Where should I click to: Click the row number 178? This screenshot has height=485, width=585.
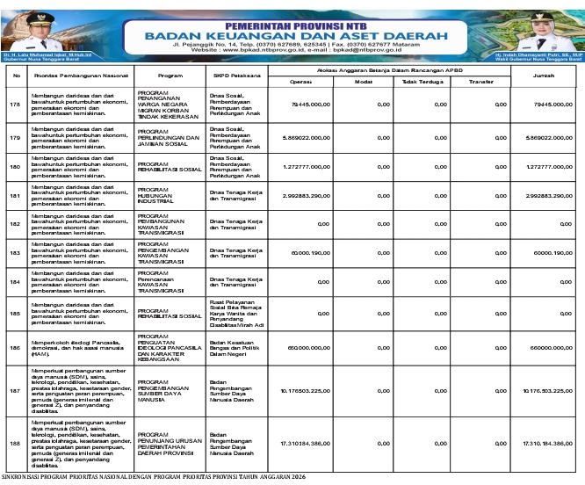pos(14,105)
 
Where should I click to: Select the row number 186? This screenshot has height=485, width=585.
pos(14,348)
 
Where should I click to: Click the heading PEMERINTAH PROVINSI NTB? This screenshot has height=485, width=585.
pos(292,16)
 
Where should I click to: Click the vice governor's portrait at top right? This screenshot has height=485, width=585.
pos(554,31)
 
